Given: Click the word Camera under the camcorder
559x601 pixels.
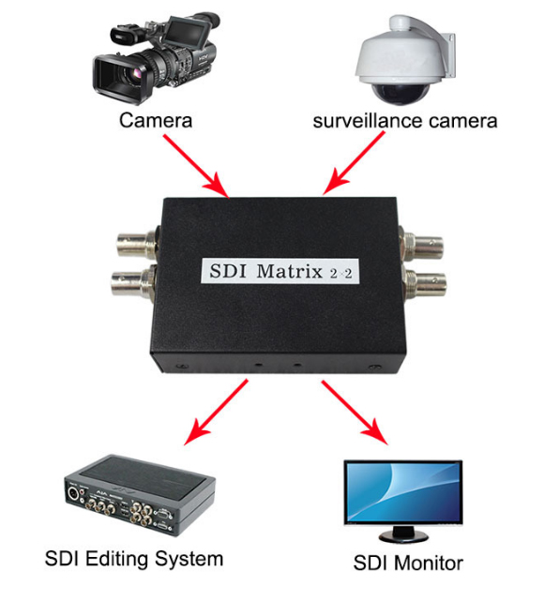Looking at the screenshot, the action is [x=156, y=120].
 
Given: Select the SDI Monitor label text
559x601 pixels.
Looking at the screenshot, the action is [x=408, y=563].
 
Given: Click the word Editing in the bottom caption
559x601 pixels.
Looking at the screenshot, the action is [x=117, y=559].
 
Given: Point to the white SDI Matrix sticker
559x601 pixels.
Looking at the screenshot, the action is [x=279, y=271].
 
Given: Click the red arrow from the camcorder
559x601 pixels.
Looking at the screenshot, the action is [x=196, y=166].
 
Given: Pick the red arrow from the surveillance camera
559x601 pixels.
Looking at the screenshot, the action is [x=354, y=163].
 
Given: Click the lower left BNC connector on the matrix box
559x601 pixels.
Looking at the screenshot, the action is [x=133, y=283].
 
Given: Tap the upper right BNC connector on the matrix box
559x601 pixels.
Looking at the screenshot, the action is [x=422, y=243].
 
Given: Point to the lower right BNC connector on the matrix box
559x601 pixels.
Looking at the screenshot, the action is [x=425, y=286].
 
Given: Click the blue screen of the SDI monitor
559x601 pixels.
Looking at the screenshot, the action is [x=403, y=491].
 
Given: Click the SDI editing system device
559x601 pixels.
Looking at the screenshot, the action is [x=140, y=495].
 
